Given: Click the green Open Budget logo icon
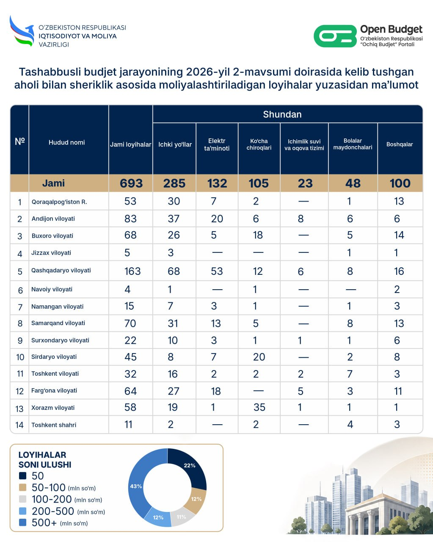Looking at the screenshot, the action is (335, 36).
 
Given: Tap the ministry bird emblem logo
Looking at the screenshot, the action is (22, 31).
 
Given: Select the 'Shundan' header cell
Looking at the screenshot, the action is (282, 114).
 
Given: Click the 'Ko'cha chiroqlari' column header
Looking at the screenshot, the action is (259, 144).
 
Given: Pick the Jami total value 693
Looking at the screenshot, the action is (131, 183).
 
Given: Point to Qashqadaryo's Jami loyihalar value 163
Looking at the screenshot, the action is (132, 271).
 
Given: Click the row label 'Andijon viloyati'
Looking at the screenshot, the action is (53, 218).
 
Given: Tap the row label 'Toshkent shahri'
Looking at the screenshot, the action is (54, 425).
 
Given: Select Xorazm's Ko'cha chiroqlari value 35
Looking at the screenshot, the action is (259, 407).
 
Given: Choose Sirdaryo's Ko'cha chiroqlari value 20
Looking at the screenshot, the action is (259, 357).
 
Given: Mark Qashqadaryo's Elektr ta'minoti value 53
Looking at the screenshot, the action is (217, 271).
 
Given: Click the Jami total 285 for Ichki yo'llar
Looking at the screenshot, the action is (174, 183).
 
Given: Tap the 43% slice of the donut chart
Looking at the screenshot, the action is (136, 487).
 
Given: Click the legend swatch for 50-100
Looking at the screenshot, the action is (23, 488).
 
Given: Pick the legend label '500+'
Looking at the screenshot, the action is (44, 523).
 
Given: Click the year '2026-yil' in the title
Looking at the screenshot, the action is (208, 72).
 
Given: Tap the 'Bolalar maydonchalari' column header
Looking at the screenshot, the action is (353, 144).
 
